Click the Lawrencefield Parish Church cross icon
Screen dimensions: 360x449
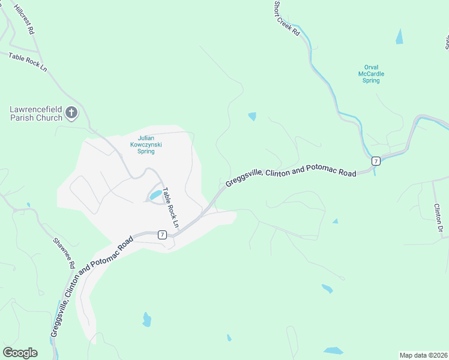coord(71,112)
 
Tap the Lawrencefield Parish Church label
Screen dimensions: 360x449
coord(36,113)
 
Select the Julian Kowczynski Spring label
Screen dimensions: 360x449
coord(146,144)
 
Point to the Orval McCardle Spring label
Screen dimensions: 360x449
coord(371,74)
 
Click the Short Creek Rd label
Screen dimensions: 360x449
coord(287,18)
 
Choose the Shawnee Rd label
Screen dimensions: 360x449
coord(64,253)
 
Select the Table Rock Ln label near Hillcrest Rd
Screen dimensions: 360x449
coord(28,62)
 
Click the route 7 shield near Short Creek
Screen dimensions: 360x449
coord(375,161)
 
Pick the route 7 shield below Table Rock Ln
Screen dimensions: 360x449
coord(162,235)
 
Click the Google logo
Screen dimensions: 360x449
coord(20,353)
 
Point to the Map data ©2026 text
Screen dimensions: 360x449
coord(423,355)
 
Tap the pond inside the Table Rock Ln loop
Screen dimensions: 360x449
coord(155,195)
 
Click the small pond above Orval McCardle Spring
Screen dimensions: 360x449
coord(399,37)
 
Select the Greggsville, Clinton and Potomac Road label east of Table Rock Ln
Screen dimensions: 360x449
coord(291,173)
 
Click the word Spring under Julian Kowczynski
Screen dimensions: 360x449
coord(146,152)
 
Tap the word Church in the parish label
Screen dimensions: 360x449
coord(50,118)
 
